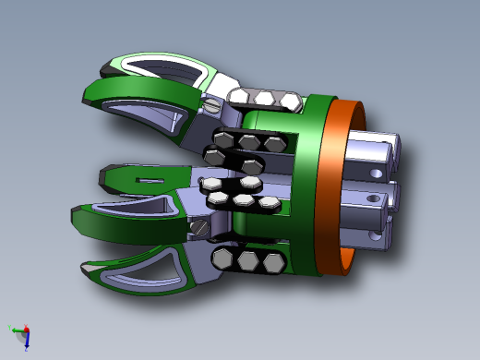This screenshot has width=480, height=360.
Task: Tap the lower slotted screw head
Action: click(x=197, y=227)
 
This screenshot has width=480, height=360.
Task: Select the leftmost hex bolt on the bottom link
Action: click(x=223, y=258)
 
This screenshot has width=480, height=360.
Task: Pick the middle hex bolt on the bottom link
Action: click(x=248, y=261)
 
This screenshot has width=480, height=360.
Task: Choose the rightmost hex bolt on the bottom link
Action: click(x=271, y=264)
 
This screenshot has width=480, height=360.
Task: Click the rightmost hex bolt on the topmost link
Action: click(x=290, y=101)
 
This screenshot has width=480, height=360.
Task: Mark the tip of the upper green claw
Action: click(x=85, y=93)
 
